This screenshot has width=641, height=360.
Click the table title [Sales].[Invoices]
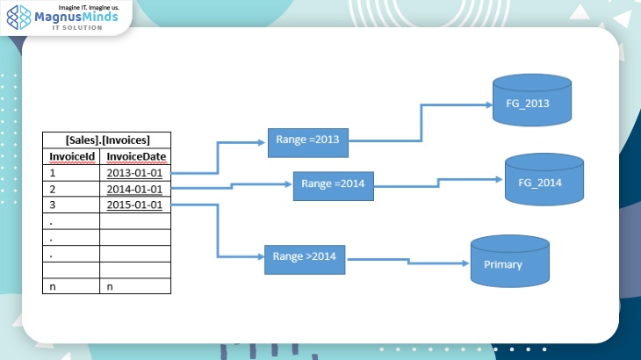tap(107, 140)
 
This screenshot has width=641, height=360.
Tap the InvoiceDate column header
tap(135, 156)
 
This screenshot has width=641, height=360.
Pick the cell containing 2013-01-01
tap(134, 173)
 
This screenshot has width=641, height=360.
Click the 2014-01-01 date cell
tap(134, 189)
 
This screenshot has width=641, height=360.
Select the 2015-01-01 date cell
tap(134, 205)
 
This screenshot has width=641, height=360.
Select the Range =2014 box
tap(334, 184)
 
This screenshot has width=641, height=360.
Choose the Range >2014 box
tap(306, 257)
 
